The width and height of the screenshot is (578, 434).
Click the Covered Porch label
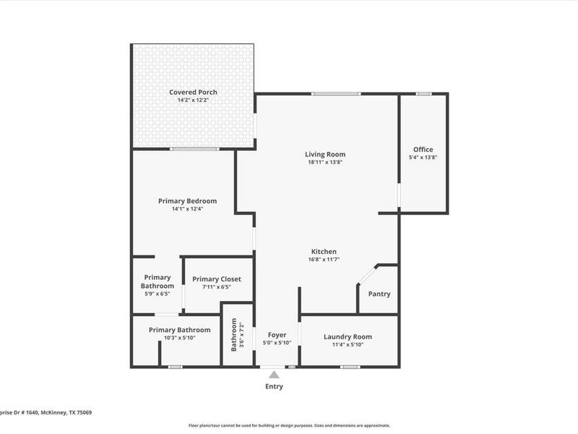tap(193, 92)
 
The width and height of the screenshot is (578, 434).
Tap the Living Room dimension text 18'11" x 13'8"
tap(324, 162)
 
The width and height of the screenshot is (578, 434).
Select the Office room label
tap(423, 149)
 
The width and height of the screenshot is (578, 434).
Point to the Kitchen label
tap(324, 251)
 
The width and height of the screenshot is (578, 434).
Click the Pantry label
tap(379, 294)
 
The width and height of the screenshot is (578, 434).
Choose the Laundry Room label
tap(348, 336)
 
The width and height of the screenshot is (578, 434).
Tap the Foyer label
tap(277, 334)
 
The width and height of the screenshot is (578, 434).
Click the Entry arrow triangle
tap(273, 375)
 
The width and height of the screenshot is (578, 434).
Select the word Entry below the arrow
tap(273, 386)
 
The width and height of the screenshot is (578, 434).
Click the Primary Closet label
tap(217, 278)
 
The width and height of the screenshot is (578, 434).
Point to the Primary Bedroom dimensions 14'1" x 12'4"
tap(187, 209)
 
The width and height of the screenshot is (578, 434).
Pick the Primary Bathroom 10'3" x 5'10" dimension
tap(179, 338)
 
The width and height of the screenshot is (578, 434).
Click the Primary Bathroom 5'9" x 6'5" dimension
tap(157, 294)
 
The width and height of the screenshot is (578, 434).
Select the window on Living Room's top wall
tap(336, 93)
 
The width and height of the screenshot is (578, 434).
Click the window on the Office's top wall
tap(424, 93)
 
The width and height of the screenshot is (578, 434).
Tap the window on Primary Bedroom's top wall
tap(195, 149)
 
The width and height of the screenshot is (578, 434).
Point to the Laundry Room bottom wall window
tap(350, 367)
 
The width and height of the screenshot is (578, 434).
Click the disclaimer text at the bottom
tap(289, 425)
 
